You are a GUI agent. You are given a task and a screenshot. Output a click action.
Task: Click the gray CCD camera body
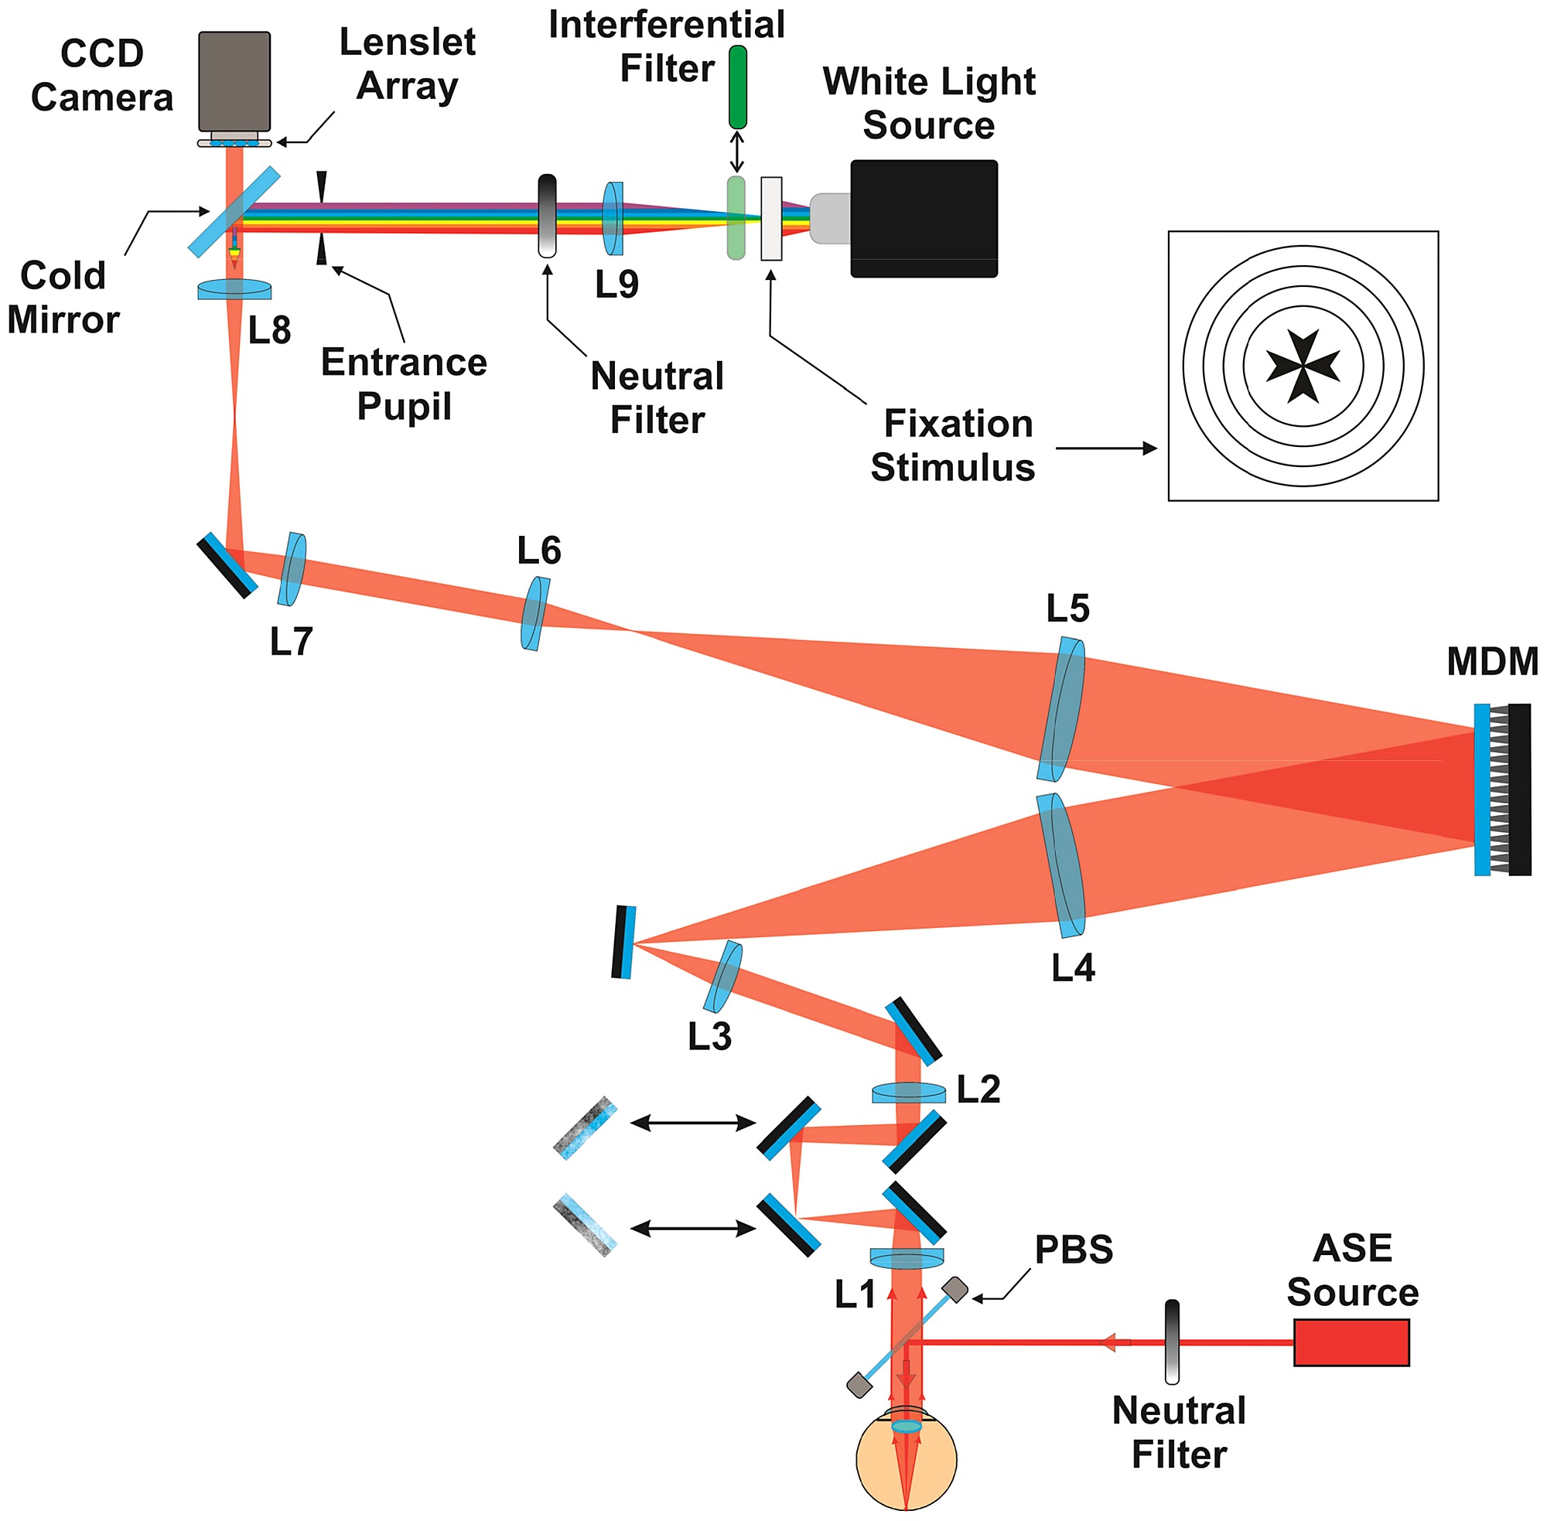tap(234, 80)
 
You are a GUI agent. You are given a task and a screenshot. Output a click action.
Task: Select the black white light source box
tap(924, 218)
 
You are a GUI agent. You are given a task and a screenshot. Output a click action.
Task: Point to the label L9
tap(616, 285)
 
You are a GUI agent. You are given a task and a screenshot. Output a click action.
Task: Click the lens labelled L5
tap(1062, 708)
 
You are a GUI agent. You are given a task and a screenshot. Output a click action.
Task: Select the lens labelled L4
tap(1061, 865)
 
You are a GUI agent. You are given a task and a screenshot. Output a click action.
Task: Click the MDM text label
tap(1492, 661)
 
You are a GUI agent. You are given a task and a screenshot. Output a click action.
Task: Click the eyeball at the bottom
tap(906, 1458)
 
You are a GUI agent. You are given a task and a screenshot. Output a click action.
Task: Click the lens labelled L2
tap(909, 1092)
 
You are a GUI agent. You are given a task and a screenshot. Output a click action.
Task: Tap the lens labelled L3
tap(723, 976)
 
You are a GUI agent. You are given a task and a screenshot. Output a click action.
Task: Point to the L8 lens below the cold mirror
tap(234, 289)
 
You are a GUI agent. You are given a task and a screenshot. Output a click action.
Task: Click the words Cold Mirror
tap(63, 297)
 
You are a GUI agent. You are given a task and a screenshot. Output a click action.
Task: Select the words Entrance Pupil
tap(404, 384)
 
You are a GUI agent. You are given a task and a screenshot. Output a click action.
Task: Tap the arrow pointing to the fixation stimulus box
tap(1107, 448)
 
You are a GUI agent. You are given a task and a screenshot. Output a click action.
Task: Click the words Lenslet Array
tap(408, 63)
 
